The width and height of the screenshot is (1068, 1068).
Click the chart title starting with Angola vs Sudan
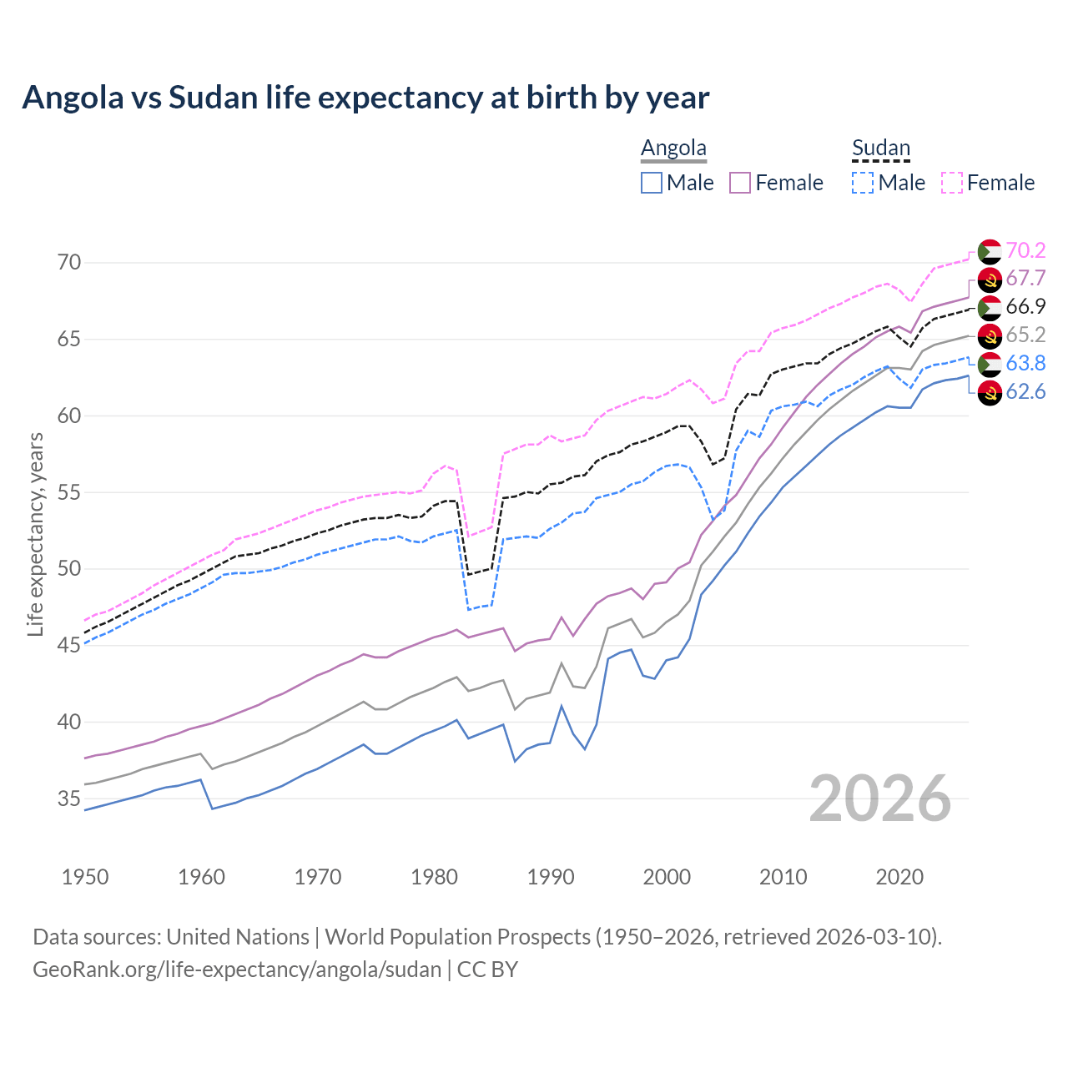pos(365,98)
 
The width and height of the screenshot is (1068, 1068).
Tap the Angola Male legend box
pos(652,183)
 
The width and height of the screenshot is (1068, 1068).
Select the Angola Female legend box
pos(740,183)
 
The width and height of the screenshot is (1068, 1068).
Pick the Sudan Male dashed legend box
pos(863,183)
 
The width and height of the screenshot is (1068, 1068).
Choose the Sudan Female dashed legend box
pos(952,183)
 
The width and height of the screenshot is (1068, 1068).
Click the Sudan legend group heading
pos(880,149)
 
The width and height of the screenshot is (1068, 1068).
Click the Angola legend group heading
pos(673,149)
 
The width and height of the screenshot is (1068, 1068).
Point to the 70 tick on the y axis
pos(69,263)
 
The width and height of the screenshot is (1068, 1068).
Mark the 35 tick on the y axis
pos(69,798)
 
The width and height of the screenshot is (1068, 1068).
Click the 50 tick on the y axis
pos(69,569)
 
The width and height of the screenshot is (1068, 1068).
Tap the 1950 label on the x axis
pos(85,877)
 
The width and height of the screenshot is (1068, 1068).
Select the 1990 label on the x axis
pos(551,877)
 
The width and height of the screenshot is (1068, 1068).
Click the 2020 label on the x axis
pos(899,877)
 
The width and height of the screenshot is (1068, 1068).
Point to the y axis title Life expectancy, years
pos(35,534)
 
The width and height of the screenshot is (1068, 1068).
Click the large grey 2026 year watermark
pos(879,798)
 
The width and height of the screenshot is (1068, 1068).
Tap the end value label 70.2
pos(1025,250)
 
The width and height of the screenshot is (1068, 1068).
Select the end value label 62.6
pos(1025,391)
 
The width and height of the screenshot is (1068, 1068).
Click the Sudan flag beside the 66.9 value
pos(990,307)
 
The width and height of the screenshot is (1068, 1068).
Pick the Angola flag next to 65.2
pos(990,335)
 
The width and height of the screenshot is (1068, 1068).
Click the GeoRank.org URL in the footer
pos(237,970)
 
